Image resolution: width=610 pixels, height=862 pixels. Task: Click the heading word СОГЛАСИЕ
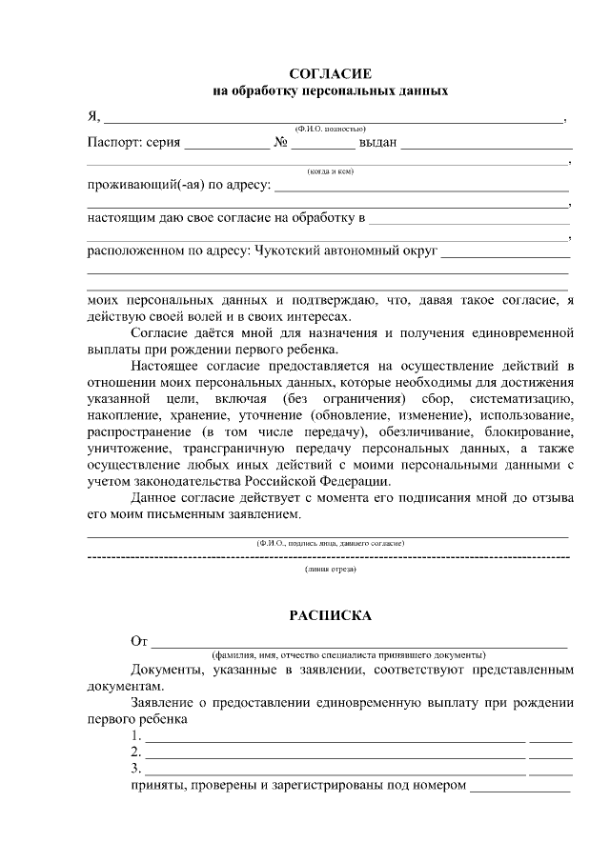(x=330, y=73)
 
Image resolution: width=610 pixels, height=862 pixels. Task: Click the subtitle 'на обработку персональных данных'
(x=330, y=91)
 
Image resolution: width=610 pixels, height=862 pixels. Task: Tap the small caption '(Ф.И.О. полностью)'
(x=330, y=129)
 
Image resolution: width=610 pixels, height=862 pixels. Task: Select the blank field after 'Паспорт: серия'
(x=227, y=147)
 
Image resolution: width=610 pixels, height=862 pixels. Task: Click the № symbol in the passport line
(x=281, y=144)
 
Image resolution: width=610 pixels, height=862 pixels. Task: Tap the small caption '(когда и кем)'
(x=330, y=171)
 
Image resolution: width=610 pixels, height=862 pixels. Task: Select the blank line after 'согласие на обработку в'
(x=469, y=221)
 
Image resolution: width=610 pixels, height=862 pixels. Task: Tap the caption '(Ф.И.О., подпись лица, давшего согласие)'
(x=330, y=542)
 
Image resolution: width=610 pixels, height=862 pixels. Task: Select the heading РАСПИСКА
(x=330, y=615)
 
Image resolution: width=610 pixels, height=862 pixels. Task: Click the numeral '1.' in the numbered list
(x=136, y=736)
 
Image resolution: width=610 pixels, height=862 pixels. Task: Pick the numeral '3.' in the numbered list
(x=136, y=769)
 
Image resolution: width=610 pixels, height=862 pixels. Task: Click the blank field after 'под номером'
(x=519, y=789)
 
